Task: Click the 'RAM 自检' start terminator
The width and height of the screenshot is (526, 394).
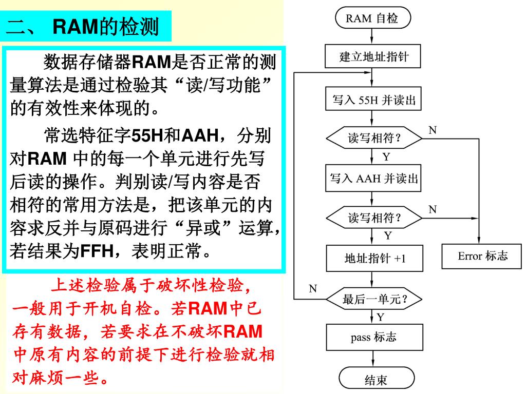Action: (x=373, y=19)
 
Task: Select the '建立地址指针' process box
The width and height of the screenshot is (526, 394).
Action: (x=373, y=56)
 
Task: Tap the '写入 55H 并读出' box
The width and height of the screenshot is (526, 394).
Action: (x=373, y=100)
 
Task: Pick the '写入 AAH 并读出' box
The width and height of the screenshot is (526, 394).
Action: (x=373, y=179)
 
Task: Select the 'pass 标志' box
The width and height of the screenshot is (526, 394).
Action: (x=373, y=338)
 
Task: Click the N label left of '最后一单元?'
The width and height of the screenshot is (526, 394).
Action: (x=313, y=288)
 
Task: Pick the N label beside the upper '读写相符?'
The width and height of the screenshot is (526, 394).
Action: (x=433, y=130)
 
